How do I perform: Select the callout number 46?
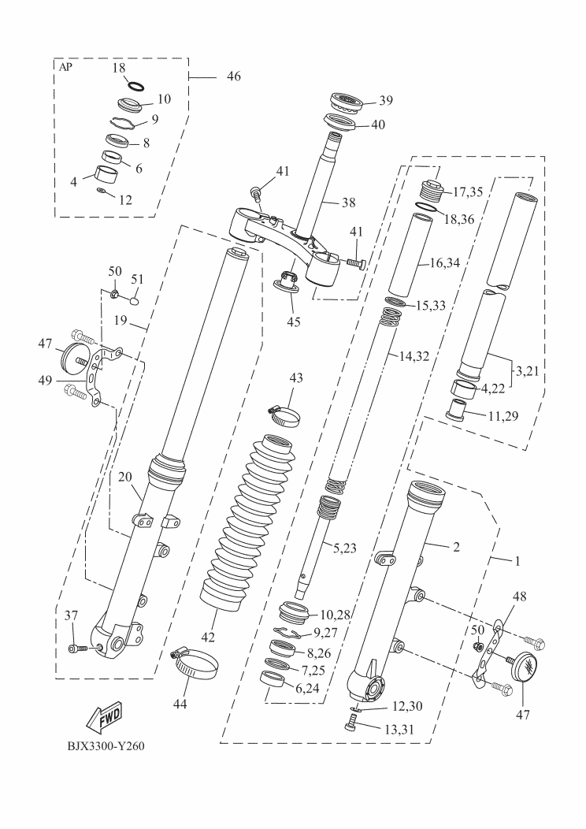[233, 76]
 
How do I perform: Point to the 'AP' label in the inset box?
[66, 68]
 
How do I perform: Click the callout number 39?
[385, 100]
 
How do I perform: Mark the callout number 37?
[72, 615]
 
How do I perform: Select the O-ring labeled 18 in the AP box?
[135, 85]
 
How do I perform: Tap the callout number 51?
[137, 281]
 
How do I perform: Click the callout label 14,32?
[414, 355]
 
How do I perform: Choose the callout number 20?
[125, 477]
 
